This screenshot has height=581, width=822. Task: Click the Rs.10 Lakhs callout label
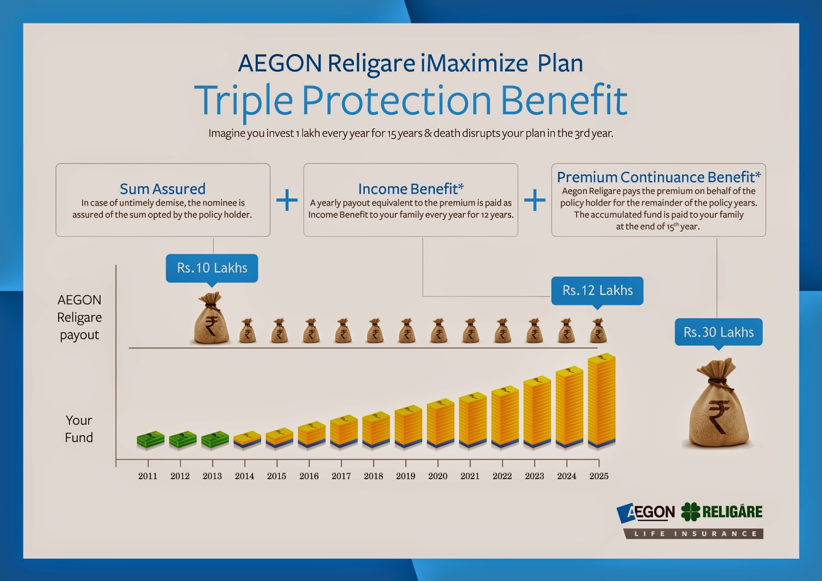click(x=212, y=268)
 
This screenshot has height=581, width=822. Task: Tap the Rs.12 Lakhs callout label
click(x=597, y=291)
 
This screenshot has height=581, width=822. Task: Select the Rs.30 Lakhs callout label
click(x=718, y=332)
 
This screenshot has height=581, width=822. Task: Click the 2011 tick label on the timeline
click(x=147, y=476)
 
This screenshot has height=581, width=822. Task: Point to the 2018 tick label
click(x=373, y=476)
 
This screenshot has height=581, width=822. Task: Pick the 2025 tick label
click(x=599, y=476)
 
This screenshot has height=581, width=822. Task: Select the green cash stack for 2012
click(x=182, y=439)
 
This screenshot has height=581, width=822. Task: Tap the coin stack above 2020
click(x=440, y=424)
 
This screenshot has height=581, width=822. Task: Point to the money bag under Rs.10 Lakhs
click(x=211, y=320)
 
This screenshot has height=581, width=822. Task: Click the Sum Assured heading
click(x=162, y=189)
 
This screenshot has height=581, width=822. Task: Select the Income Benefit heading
click(x=410, y=189)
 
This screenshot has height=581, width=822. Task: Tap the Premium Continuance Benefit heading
click(x=658, y=177)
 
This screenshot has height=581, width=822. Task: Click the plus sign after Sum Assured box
click(x=287, y=200)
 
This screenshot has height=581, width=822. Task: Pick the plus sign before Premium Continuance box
click(x=535, y=200)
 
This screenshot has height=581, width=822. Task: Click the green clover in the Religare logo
click(x=690, y=512)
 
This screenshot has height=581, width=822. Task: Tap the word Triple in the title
click(x=243, y=100)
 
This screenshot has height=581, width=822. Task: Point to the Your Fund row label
click(x=79, y=429)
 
